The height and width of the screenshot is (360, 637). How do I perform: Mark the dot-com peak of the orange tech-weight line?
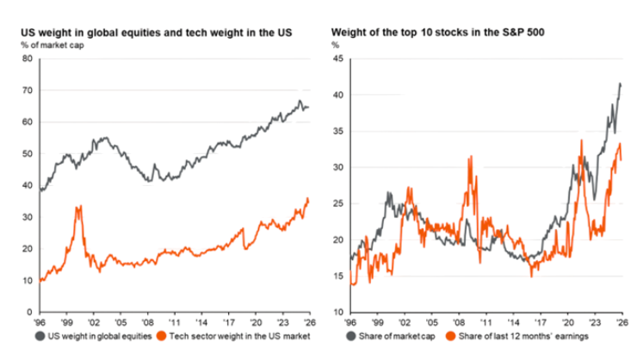pos(78,206)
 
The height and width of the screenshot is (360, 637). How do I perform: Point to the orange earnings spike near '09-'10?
pos(470,157)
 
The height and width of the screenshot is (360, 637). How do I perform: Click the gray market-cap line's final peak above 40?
pos(621,84)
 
